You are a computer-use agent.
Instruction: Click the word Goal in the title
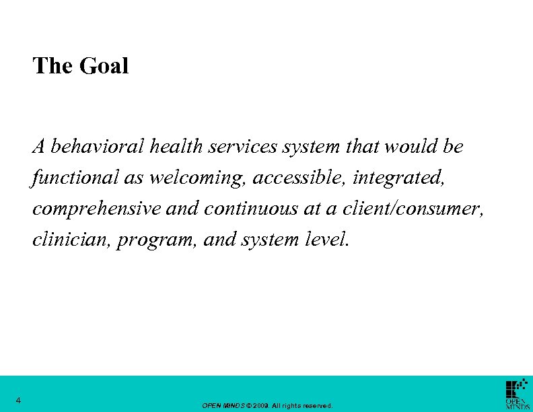click(104, 66)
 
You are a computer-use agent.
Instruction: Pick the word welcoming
click(190, 178)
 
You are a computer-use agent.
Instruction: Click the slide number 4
click(19, 401)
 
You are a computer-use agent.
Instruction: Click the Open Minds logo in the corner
click(517, 394)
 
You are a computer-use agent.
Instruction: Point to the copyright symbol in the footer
click(251, 406)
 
